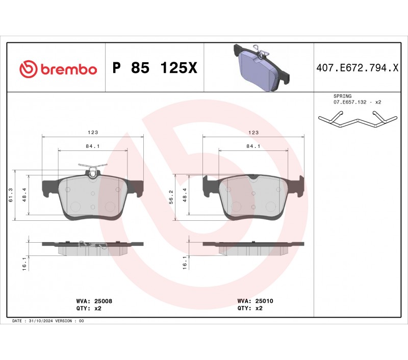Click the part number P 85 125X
pos(155,68)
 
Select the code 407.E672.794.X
pos(358,68)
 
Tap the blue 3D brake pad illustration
pos(262,67)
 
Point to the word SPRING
pos(342,96)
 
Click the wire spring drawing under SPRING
pos(358,120)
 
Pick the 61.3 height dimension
pos(11,195)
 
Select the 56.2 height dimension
pos(171,197)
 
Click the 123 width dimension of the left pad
pos(93,133)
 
